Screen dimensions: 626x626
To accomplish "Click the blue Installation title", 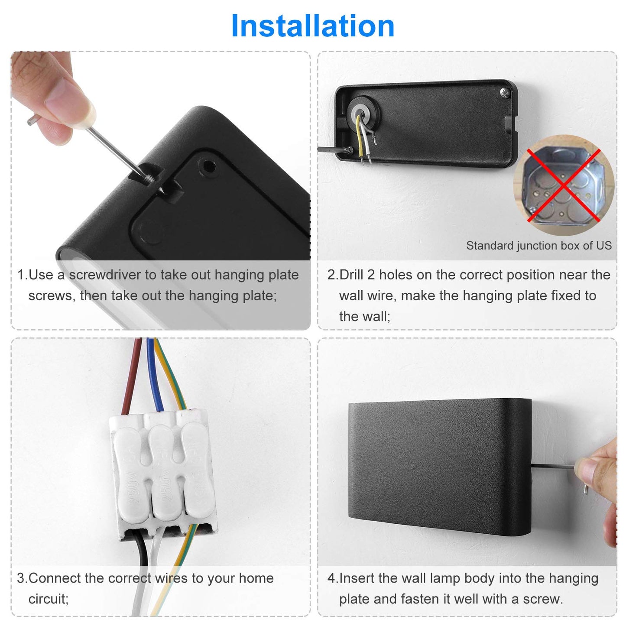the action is click(312, 26).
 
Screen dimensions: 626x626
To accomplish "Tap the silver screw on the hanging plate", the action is click(505, 93).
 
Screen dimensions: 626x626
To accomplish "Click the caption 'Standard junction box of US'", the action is click(538, 246).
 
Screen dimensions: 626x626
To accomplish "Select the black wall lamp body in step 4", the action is click(440, 467).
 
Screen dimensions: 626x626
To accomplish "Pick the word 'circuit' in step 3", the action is click(47, 599).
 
